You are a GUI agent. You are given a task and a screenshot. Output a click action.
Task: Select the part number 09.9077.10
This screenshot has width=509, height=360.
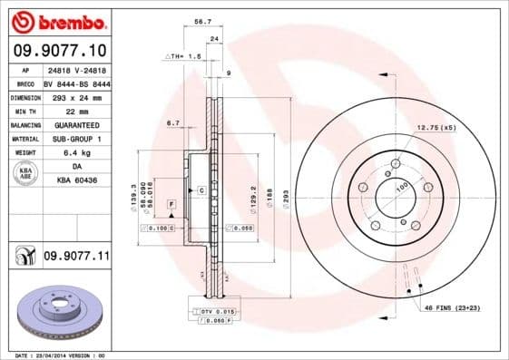(60, 52)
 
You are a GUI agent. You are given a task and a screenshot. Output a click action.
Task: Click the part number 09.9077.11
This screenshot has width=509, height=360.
(76, 258)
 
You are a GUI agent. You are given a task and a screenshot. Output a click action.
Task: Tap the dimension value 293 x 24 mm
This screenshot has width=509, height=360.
(76, 96)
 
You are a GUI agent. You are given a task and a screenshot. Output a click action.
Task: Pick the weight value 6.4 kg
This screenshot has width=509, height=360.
(76, 153)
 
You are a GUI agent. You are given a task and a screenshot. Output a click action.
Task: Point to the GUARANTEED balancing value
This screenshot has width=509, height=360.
(76, 124)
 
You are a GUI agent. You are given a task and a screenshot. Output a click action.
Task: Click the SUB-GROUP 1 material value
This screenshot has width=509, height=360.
(76, 139)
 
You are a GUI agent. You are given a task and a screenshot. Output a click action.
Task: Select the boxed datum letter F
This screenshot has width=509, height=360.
(170, 208)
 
